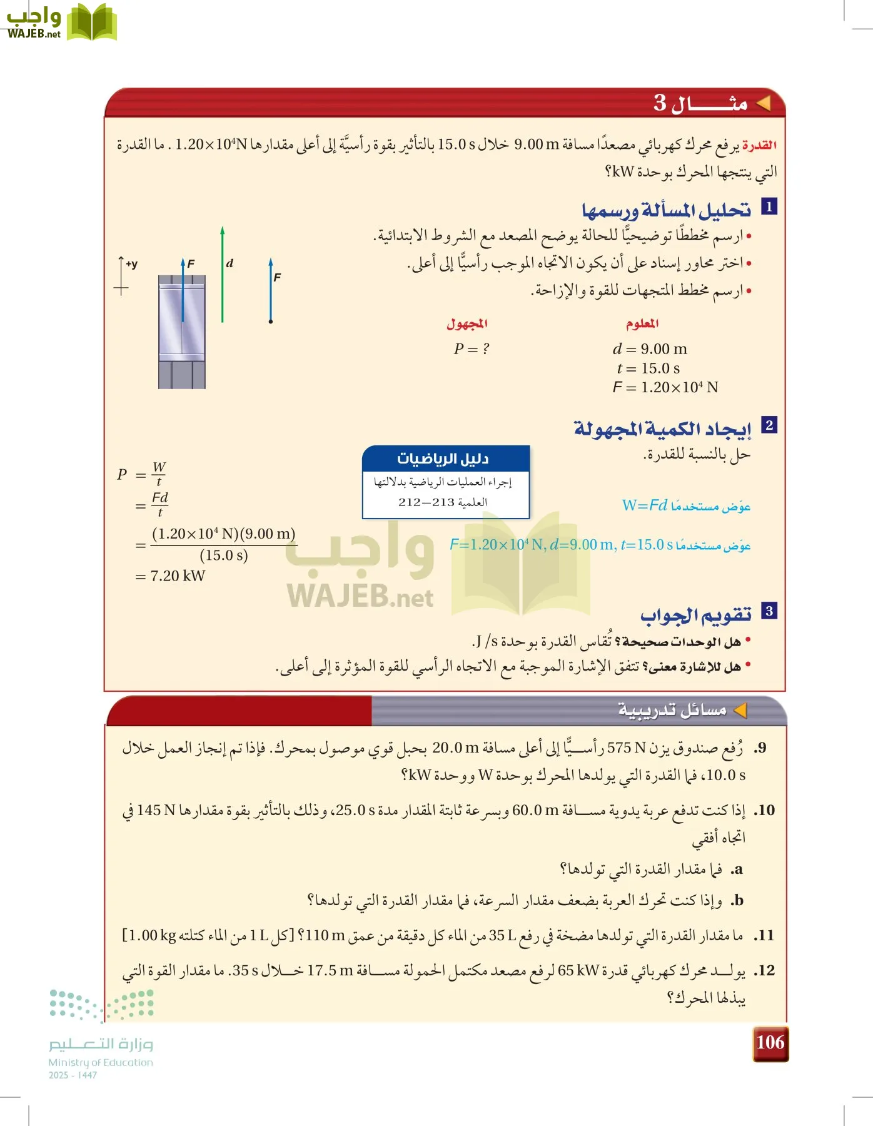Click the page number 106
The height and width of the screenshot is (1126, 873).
point(770,1042)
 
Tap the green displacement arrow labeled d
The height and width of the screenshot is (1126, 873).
point(223,275)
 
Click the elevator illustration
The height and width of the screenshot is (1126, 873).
point(181,332)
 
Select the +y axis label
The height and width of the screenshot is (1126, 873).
point(131,264)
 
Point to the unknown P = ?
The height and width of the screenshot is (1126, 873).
point(471,349)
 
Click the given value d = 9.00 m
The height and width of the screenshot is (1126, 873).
point(650,349)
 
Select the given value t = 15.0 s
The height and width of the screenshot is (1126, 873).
point(648,368)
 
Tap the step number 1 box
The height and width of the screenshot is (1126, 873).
point(769,206)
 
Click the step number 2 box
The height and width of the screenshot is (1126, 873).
point(769,425)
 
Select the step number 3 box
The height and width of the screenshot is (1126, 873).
point(769,611)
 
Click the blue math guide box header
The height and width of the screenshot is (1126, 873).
point(445,459)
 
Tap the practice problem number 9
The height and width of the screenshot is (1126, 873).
point(760,748)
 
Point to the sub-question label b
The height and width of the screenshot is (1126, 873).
point(737,900)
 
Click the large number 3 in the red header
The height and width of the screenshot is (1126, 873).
point(660,103)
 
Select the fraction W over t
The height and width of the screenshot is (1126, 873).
point(159,474)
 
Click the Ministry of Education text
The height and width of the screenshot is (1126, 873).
point(101,1062)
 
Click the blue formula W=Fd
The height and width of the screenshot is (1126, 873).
point(645,505)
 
